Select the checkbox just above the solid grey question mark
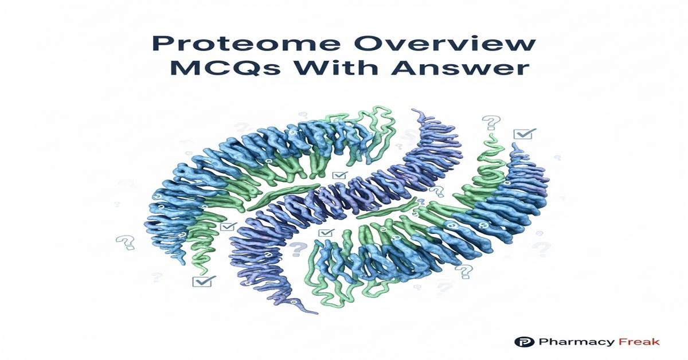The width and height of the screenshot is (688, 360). point(326,233)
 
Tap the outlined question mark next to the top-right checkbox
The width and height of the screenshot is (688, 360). point(491,122)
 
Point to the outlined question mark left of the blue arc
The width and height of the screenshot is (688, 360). point(125,242)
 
